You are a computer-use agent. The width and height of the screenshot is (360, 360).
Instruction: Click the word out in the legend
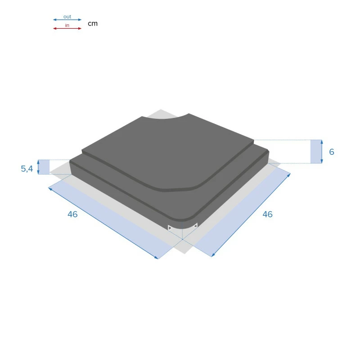[67, 17]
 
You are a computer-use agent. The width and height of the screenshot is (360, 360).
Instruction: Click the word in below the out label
[67, 25]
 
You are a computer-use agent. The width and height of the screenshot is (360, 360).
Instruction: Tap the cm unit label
[92, 23]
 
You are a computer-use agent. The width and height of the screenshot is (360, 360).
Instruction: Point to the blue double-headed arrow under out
[67, 20]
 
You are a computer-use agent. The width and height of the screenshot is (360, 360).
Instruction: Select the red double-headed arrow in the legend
[67, 28]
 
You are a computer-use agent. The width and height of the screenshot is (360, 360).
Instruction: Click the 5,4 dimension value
[27, 169]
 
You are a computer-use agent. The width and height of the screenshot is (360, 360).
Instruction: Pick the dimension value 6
[332, 152]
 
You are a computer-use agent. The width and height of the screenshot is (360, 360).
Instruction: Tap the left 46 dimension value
[72, 214]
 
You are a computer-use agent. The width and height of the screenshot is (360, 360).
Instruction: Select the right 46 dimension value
[267, 214]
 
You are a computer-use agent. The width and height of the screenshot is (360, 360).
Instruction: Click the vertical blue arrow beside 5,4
[38, 167]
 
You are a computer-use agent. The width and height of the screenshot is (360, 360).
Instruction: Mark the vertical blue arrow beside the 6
[322, 151]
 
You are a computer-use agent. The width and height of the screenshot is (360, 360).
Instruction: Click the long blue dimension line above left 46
[103, 223]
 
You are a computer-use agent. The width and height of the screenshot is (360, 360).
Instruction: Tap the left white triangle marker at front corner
[170, 228]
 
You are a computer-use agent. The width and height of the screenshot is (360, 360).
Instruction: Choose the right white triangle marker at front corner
[195, 225]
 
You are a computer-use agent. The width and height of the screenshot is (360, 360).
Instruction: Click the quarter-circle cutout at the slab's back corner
[164, 118]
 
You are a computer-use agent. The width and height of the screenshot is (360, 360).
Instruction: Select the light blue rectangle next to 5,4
[44, 167]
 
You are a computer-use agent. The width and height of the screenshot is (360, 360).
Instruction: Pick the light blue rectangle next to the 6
[316, 151]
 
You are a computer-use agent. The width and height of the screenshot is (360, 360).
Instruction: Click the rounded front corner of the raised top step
[198, 185]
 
